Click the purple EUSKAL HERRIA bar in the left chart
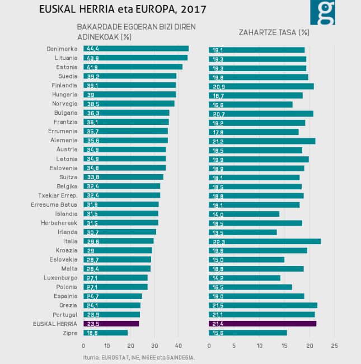tap(111, 323)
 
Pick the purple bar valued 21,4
tap(262, 323)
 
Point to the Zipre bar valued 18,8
tap(105, 333)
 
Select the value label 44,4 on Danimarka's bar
tap(91, 49)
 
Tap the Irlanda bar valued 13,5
tap(242, 232)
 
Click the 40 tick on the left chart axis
tap(179, 346)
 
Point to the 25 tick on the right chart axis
tap(334, 346)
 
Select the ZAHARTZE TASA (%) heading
tap(274, 32)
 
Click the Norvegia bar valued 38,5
tap(129, 104)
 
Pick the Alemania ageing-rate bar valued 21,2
tap(261, 141)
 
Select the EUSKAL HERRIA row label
tap(55, 324)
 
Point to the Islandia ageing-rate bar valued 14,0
tap(243, 214)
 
